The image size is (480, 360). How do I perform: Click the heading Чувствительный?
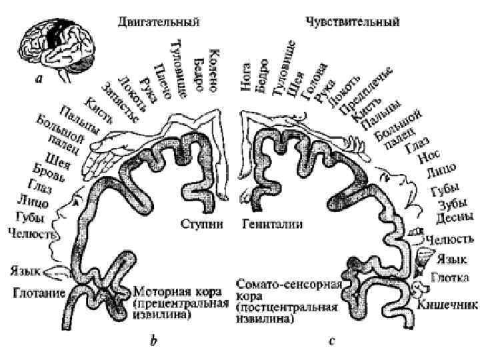coord(353,22)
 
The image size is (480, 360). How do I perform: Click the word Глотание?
coord(37,293)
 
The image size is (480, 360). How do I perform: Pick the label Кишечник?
coord(449,306)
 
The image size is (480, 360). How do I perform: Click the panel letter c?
coord(331,342)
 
